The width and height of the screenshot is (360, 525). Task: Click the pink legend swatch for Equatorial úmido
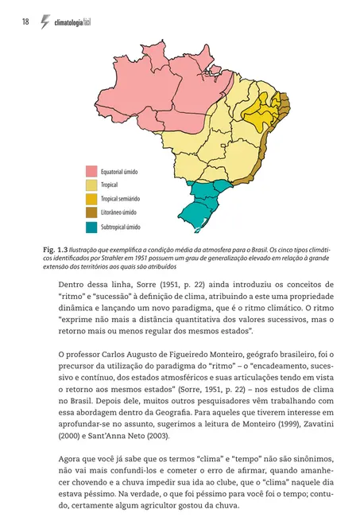92,171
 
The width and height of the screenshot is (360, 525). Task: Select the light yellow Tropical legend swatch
92,185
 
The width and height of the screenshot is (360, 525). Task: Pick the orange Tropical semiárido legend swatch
92,199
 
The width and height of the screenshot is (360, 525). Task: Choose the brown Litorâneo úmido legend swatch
92,213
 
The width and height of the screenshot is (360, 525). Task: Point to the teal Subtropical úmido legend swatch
92,227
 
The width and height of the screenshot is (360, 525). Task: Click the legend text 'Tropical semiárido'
127,199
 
